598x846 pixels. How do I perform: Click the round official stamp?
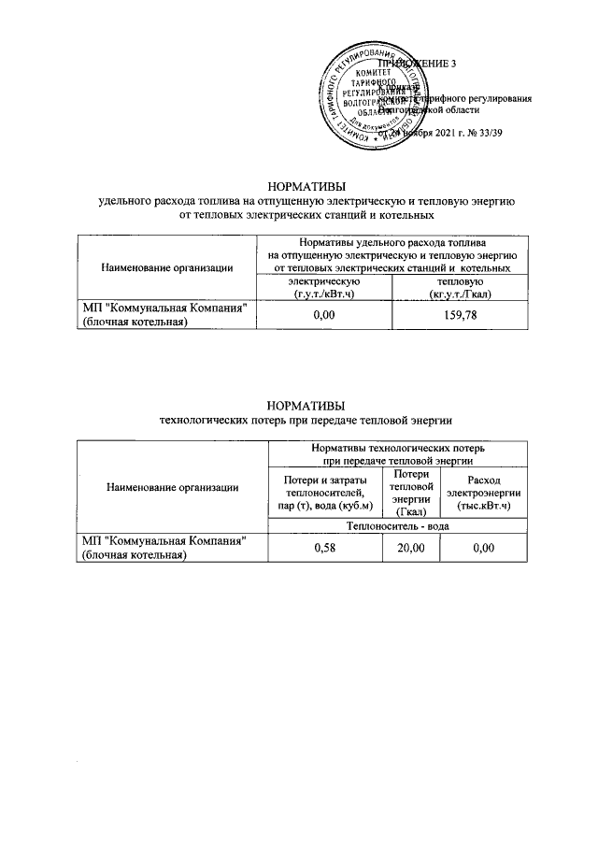click(x=369, y=96)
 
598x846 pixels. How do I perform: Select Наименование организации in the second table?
click(x=172, y=486)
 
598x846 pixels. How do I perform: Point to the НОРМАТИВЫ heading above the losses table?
click(x=306, y=405)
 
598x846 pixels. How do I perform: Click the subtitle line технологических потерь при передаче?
click(x=306, y=419)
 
